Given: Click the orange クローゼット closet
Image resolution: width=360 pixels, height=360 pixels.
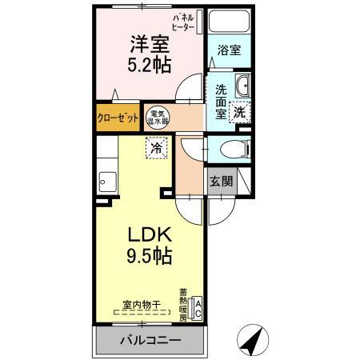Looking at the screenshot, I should (x=116, y=115).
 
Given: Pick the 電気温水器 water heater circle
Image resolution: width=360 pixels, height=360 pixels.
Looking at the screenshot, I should (x=157, y=116).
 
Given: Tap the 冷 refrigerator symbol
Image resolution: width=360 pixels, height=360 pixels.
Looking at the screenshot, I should (x=158, y=147).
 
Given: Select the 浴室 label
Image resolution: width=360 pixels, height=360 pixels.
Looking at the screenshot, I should (x=229, y=50).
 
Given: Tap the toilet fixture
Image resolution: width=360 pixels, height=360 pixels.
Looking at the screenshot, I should (x=230, y=148).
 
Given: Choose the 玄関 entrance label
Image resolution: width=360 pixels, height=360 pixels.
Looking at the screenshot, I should (x=222, y=181).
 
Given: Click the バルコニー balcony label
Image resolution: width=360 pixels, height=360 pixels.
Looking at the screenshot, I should (x=150, y=339).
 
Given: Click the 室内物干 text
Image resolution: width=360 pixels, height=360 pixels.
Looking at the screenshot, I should (x=142, y=304).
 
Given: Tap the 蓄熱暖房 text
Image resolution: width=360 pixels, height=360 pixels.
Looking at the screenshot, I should (x=183, y=305).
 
